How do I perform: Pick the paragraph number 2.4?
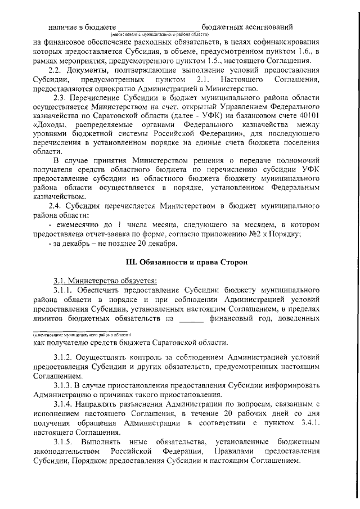coord(57,206)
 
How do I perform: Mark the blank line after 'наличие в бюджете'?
coord(159,26)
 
